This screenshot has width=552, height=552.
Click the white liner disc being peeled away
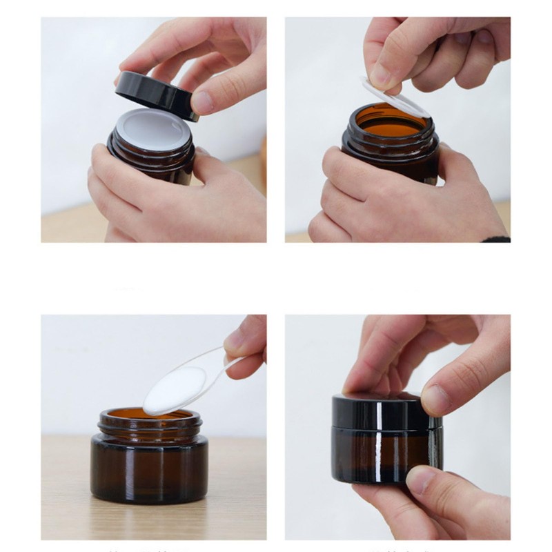pos(393,97)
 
